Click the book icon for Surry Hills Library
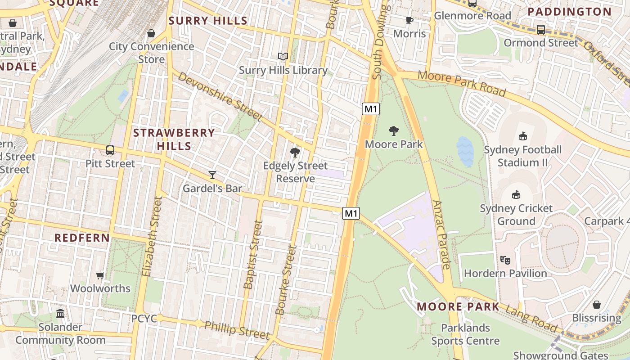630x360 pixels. point(283,56)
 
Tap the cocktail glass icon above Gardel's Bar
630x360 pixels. point(212,175)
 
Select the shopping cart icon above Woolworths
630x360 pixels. point(100,275)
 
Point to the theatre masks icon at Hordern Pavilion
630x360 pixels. point(505,260)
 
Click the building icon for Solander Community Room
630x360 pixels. point(60,313)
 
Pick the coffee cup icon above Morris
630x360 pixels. point(409,20)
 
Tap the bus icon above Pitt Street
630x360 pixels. point(110,150)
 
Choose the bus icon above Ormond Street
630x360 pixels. point(541,30)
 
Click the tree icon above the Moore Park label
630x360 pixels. point(394,131)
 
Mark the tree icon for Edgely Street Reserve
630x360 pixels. point(295,153)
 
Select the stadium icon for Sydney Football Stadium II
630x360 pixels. point(522,136)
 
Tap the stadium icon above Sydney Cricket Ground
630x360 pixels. point(516,195)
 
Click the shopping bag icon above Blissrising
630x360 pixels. point(596,305)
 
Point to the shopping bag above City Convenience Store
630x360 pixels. point(151,33)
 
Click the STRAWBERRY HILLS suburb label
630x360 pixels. point(174,139)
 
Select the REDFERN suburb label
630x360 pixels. point(82,238)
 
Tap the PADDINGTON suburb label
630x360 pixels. point(570,12)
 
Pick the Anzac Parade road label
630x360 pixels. point(441,234)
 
